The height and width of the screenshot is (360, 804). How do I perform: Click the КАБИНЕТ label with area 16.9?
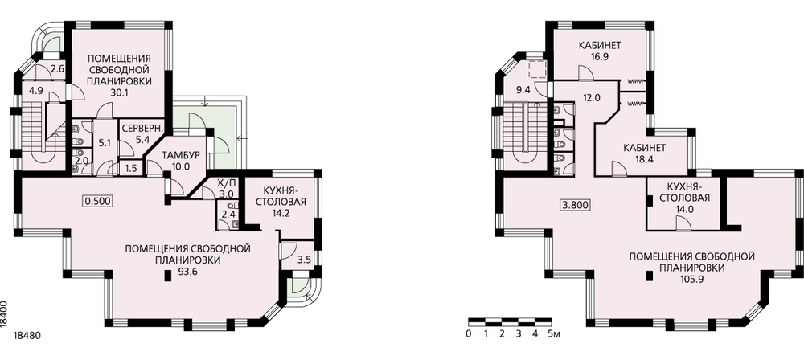(x=600, y=46)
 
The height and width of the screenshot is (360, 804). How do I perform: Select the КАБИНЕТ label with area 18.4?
(x=645, y=148)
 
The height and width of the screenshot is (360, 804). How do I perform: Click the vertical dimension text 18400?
(x=4, y=313)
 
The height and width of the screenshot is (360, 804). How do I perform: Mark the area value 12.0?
(x=591, y=97)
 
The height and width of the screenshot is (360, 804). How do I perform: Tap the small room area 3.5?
(x=304, y=260)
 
